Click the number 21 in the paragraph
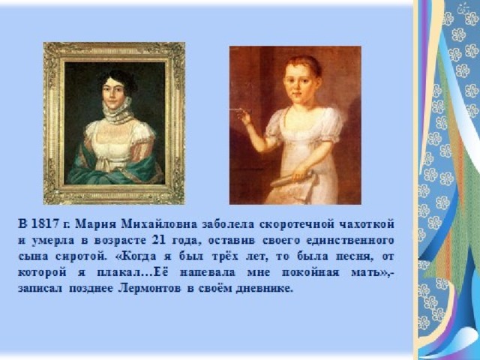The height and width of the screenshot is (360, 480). [x=159, y=240]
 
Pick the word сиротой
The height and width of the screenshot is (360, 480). [x=82, y=256]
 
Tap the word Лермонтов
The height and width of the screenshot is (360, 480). [x=149, y=288]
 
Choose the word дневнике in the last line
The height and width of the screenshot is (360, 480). [x=262, y=289]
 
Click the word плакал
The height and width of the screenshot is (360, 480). [x=119, y=272]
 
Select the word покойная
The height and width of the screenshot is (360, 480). [x=310, y=272]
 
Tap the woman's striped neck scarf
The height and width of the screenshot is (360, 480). [x=118, y=111]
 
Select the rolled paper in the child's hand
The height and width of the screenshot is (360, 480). [x=292, y=179]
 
